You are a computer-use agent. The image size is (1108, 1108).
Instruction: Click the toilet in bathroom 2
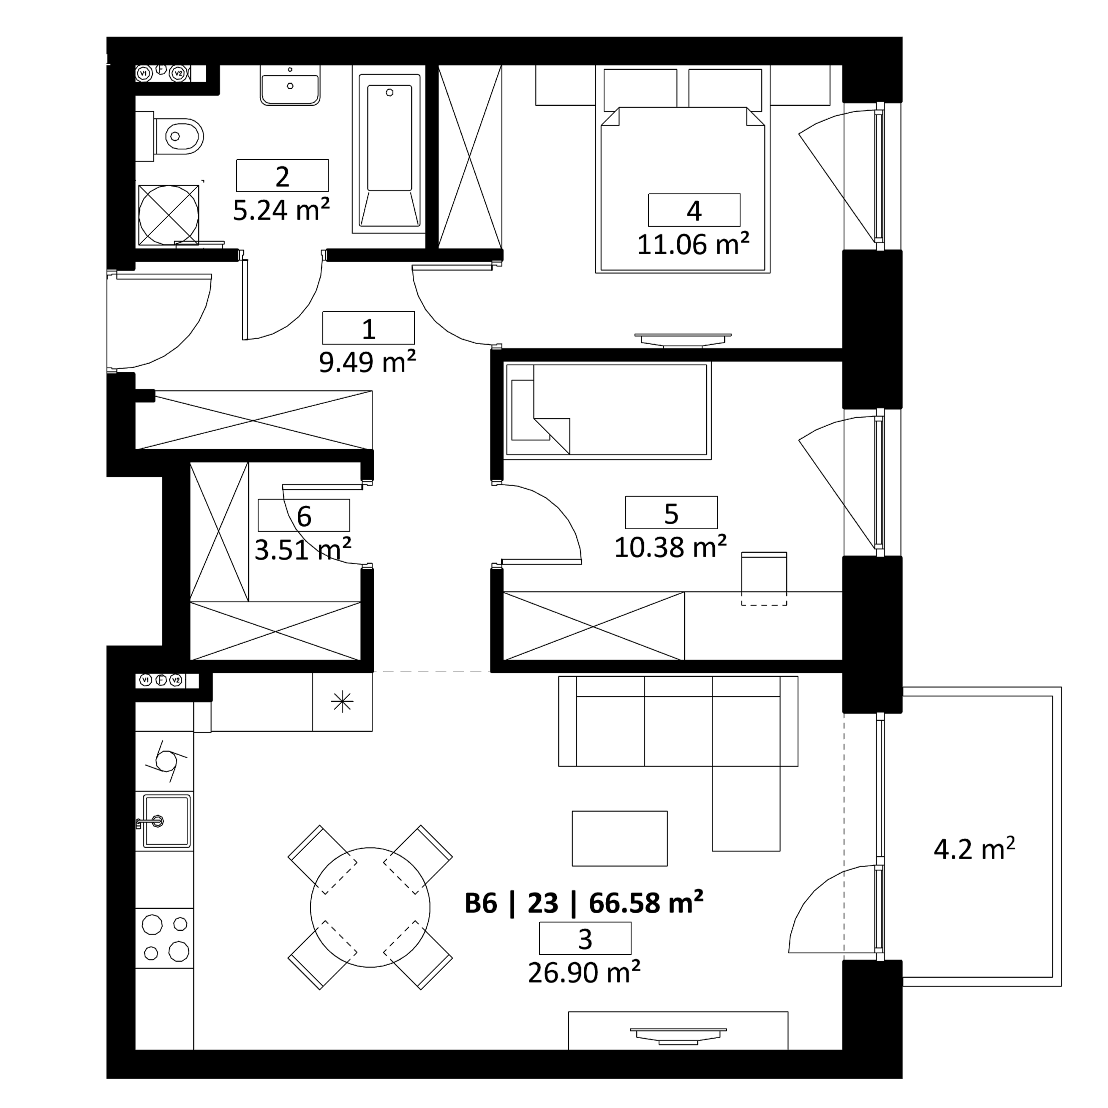coord(178,136)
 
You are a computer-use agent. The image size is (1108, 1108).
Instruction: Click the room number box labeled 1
coord(368,328)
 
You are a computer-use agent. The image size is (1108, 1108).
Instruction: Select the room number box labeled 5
coord(671,512)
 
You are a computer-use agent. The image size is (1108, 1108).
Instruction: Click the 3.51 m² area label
coord(303,550)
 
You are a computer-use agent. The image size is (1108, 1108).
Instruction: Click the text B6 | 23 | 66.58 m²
coord(584,903)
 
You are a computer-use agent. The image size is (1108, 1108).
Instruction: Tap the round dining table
coord(370,907)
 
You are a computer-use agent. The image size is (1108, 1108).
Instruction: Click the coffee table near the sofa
coord(619,838)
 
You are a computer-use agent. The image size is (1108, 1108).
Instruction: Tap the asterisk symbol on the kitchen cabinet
coord(342,701)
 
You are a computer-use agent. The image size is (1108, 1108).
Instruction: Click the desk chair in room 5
coord(764,578)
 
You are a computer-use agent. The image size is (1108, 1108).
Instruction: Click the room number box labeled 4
coord(694,210)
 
